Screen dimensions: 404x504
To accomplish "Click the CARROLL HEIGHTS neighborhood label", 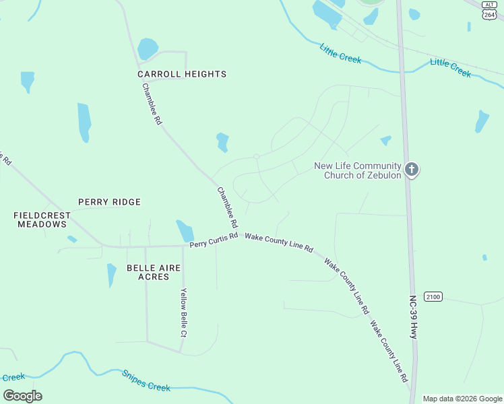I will (x=182, y=74).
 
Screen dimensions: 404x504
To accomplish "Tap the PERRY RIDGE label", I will (x=109, y=202).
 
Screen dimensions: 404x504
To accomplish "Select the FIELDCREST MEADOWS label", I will (x=42, y=220).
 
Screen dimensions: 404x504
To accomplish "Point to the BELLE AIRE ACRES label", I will (x=154, y=272).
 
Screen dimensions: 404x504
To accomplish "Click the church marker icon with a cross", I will (x=412, y=170).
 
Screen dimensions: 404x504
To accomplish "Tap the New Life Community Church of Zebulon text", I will (x=358, y=171).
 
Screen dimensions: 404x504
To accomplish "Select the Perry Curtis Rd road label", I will (x=214, y=240).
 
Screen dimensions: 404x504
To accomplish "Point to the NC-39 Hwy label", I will (x=413, y=316).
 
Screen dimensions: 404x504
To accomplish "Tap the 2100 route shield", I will (x=433, y=297).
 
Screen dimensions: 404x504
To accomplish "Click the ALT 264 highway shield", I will (x=490, y=11).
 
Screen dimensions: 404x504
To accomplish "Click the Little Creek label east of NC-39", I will (x=450, y=67).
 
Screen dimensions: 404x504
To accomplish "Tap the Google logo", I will (x=22, y=396).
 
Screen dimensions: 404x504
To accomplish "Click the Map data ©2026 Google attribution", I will (x=462, y=399).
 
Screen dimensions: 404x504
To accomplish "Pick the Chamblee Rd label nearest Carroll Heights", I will (x=152, y=104).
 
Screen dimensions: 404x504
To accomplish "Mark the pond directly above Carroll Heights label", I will (x=147, y=48).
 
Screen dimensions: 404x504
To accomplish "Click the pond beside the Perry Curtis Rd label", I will (x=185, y=231).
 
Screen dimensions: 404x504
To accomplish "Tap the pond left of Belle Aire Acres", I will (x=111, y=275).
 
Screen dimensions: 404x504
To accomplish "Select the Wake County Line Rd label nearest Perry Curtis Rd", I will (x=279, y=243).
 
